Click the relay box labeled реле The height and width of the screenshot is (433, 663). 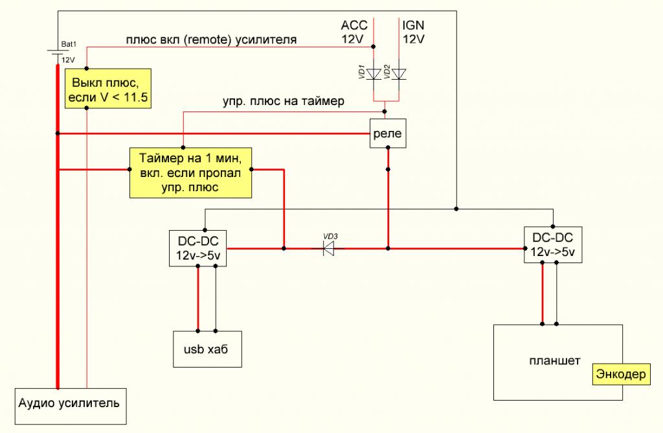pyautogui.click(x=387, y=134)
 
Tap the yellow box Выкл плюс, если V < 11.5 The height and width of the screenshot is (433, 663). pyautogui.click(x=107, y=91)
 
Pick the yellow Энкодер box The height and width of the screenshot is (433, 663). pyautogui.click(x=620, y=375)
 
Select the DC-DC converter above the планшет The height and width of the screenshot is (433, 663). pyautogui.click(x=553, y=244)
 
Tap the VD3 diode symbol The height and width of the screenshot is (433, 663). pyautogui.click(x=331, y=248)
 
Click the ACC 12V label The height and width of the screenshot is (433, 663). pyautogui.click(x=354, y=32)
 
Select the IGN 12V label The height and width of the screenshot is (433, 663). pyautogui.click(x=414, y=32)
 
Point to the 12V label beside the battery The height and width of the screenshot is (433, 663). pyautogui.click(x=68, y=59)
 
